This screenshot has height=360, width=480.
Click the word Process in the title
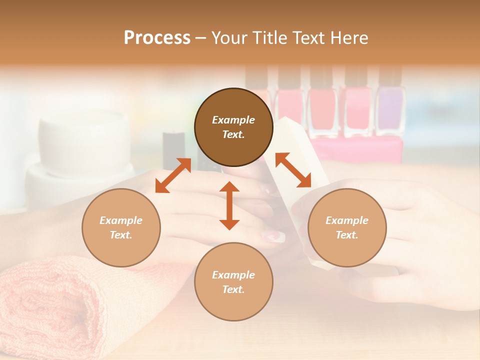(x=157, y=38)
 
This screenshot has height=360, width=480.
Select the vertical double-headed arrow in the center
(x=229, y=205)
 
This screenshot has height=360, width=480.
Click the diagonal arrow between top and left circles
(x=173, y=175)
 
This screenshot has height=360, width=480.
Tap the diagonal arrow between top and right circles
(x=293, y=170)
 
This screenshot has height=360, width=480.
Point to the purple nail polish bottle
(x=390, y=110)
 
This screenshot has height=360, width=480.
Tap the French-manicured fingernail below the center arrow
(x=274, y=236)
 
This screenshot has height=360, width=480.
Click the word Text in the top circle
(x=233, y=134)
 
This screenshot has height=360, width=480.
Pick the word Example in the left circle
(x=121, y=220)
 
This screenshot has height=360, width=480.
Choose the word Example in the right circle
(x=347, y=220)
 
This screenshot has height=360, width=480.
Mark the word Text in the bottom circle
(x=233, y=289)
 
